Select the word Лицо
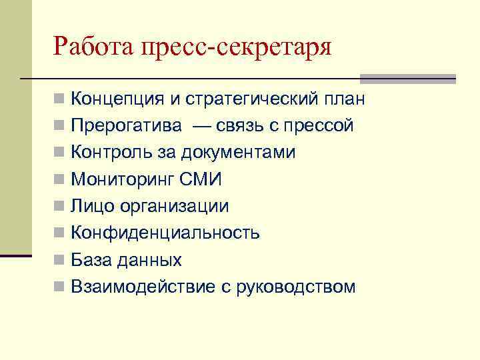tap(93, 207)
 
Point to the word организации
tap(175, 207)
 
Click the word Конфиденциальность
tap(165, 233)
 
